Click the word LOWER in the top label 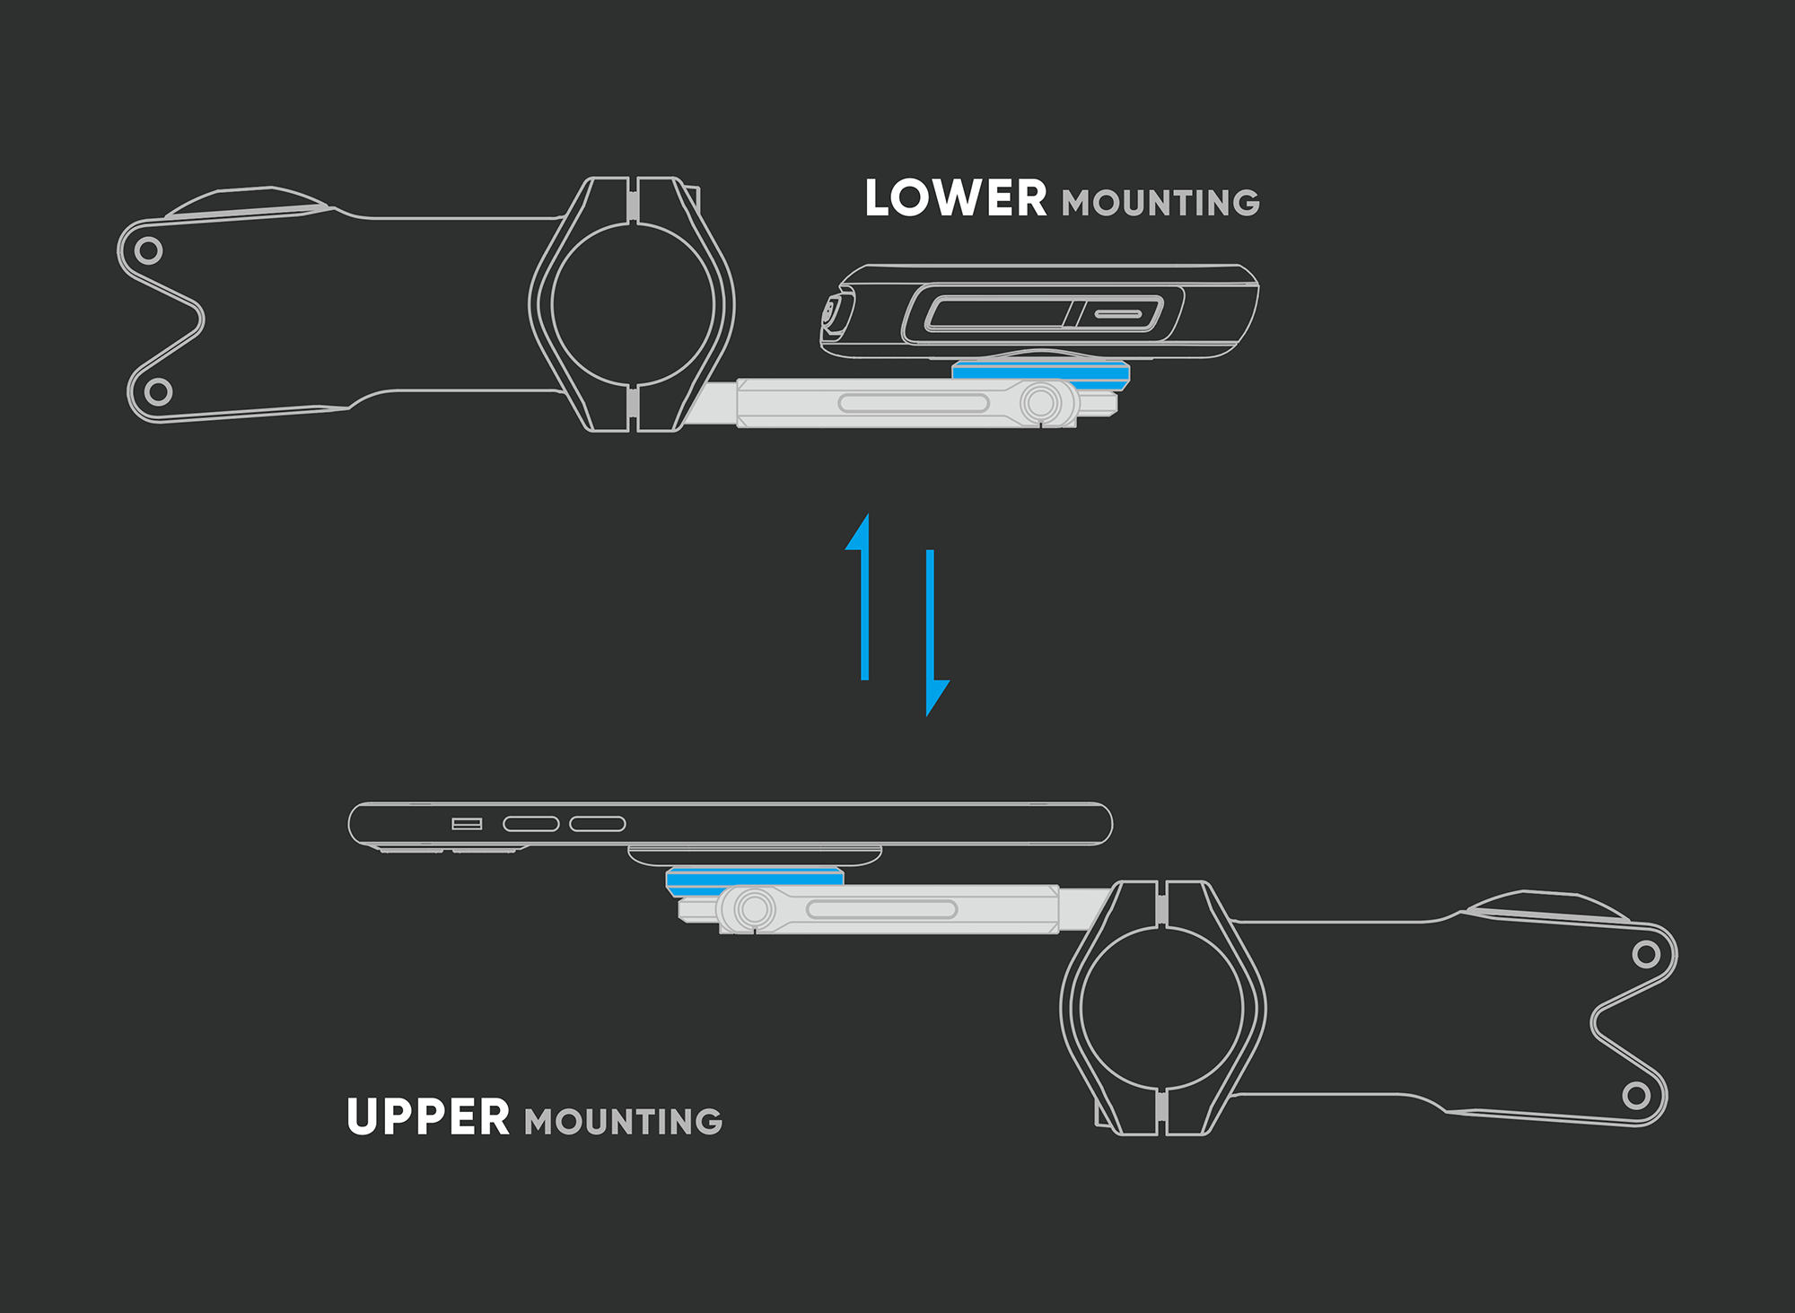955,198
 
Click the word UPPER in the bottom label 428,1117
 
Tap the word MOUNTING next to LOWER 1160,204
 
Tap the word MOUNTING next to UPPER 624,1122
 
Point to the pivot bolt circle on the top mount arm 1041,402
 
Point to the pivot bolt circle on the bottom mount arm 754,908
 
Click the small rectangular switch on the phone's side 467,824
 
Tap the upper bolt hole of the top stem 149,249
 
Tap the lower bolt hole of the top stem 158,391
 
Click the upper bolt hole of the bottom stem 1645,953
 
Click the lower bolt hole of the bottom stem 1635,1095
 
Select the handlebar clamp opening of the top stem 633,304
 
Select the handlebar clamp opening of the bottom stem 1162,1008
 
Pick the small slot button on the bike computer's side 1118,314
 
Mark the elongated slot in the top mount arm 914,403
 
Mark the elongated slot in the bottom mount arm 881,909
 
